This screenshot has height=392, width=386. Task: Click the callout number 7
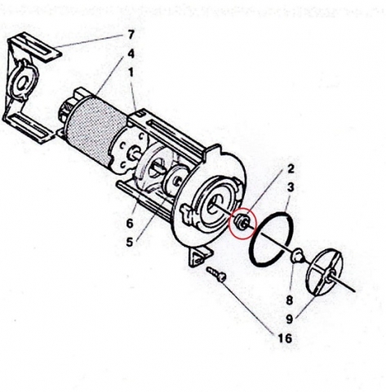(x=131, y=35)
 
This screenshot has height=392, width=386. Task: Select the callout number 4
(x=131, y=54)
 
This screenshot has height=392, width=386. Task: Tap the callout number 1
(x=131, y=73)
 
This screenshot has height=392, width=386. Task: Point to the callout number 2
(x=291, y=169)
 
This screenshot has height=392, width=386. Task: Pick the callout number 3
(x=291, y=187)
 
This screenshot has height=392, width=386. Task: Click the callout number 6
(x=130, y=224)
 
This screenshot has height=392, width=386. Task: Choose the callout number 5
(x=130, y=242)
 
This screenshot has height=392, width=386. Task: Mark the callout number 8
(x=290, y=301)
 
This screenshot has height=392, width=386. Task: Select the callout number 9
(x=290, y=318)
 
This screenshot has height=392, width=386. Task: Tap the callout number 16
(x=285, y=338)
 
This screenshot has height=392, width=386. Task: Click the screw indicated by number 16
(x=216, y=274)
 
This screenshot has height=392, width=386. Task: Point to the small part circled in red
(x=242, y=222)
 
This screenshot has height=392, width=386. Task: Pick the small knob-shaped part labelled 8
(x=296, y=256)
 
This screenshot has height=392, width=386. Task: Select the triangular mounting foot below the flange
(x=200, y=255)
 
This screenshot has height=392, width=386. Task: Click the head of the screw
(x=222, y=278)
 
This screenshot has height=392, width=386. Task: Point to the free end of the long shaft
(x=355, y=291)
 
